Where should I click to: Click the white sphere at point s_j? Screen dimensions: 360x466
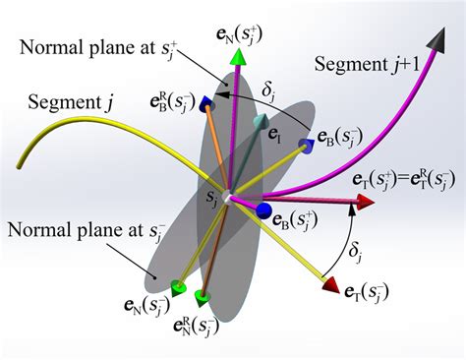click(x=227, y=198)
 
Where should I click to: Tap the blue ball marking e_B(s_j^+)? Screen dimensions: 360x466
click(x=263, y=210)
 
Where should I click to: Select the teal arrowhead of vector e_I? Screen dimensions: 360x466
click(x=260, y=123)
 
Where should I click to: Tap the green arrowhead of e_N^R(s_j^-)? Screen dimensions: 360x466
click(x=204, y=296)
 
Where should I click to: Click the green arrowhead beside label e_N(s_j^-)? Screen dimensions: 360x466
click(x=177, y=287)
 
